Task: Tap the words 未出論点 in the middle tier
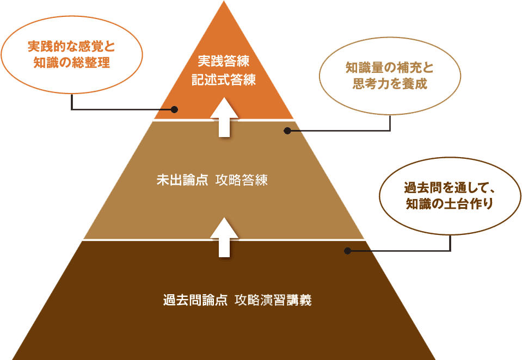coord(182,181)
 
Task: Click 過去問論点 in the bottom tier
coord(195,300)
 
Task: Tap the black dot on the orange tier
coord(174,109)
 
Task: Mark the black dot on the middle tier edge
coord(287,131)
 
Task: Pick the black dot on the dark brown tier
coord(347,251)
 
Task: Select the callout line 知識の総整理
coord(71,63)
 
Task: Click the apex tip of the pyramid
coord(224,2)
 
